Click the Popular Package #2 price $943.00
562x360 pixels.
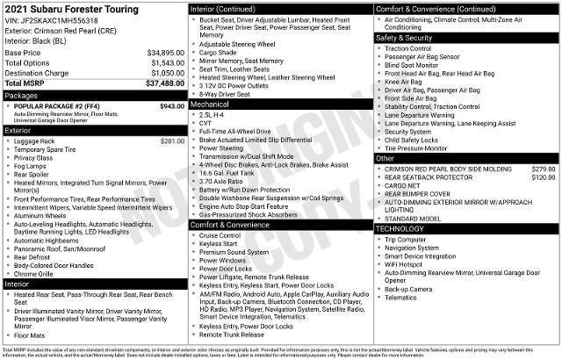tap(172, 106)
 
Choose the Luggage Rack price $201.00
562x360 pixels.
tap(172, 141)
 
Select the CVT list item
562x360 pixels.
tap(206, 123)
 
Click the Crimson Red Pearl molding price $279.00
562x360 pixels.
tap(543, 169)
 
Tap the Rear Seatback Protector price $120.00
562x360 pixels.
tap(543, 177)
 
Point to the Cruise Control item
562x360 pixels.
tap(220, 235)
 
